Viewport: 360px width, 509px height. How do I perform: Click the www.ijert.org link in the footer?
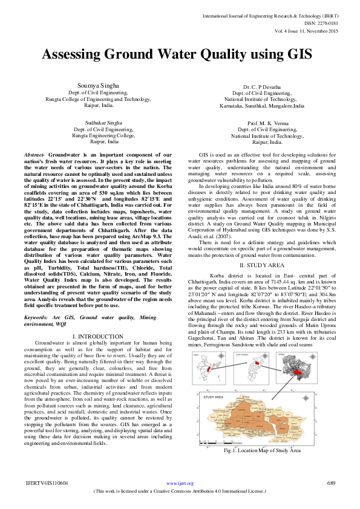[180, 483]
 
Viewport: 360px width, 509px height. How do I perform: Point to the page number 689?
[331, 483]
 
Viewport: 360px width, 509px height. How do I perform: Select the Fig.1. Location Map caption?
[262, 450]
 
